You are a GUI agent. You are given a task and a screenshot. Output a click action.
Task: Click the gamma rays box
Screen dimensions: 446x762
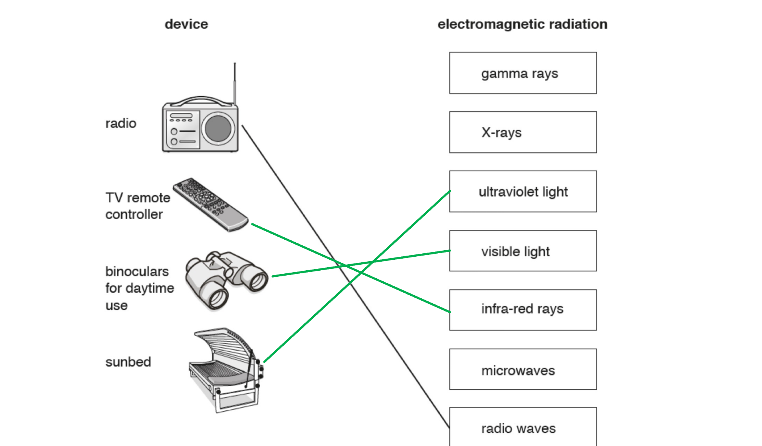tap(523, 73)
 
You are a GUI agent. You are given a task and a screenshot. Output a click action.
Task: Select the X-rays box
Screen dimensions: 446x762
tap(523, 132)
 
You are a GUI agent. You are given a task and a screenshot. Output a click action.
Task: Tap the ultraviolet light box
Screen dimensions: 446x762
tap(523, 192)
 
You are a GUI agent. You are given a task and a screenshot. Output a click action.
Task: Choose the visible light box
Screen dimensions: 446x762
tap(523, 251)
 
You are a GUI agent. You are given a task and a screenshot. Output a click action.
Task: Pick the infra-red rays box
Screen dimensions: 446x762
tap(523, 310)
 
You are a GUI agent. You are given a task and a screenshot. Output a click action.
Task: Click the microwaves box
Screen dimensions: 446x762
tap(523, 370)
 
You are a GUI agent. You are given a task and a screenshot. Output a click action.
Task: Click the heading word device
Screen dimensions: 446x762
tap(186, 24)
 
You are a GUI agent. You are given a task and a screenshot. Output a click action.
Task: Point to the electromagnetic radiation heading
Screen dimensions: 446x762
tap(522, 24)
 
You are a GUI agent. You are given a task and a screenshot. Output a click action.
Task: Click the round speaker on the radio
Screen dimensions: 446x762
tap(218, 128)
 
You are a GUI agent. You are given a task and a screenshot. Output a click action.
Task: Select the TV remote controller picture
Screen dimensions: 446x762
tap(211, 204)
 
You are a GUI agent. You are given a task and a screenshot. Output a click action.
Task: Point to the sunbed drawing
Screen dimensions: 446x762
tap(226, 369)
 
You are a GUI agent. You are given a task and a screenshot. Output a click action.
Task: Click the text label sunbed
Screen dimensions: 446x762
tap(128, 362)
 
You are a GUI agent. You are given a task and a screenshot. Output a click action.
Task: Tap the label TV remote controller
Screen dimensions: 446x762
tap(138, 206)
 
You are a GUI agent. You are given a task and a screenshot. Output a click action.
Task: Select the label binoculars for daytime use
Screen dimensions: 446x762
tap(139, 288)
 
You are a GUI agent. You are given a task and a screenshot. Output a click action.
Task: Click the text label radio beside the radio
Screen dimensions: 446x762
tap(121, 123)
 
